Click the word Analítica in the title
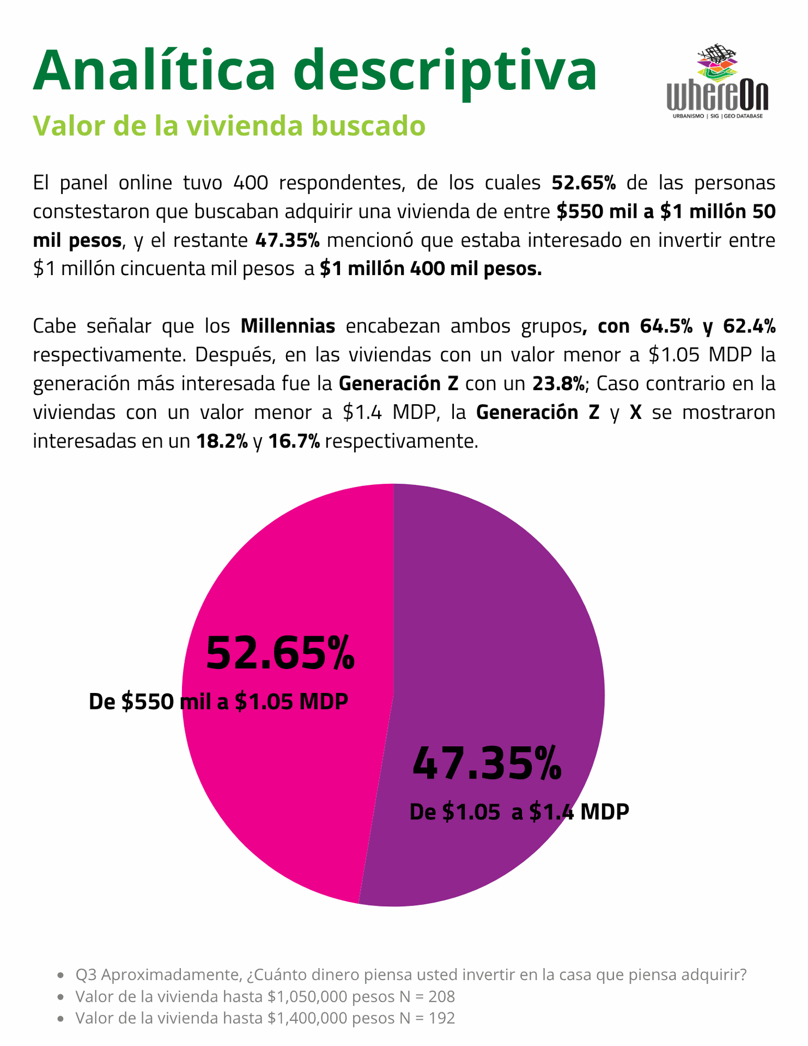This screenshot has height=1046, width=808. coord(154,70)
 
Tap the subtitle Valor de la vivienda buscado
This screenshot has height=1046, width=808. coord(229,125)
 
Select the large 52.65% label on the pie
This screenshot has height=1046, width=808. coord(280,654)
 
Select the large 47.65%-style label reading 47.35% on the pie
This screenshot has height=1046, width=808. coord(487,764)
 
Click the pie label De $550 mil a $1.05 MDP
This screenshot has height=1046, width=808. coord(218,702)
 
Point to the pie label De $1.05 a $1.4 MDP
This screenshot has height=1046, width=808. coord(519,812)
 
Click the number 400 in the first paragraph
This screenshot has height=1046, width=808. coord(251,183)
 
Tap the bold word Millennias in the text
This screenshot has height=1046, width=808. coord(288,326)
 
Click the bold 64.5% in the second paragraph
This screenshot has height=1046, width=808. coord(666,326)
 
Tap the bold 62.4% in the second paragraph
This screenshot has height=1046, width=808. coord(749,326)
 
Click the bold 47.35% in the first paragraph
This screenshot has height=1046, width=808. coord(287,240)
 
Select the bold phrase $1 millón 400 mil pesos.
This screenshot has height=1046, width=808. coord(430,269)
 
